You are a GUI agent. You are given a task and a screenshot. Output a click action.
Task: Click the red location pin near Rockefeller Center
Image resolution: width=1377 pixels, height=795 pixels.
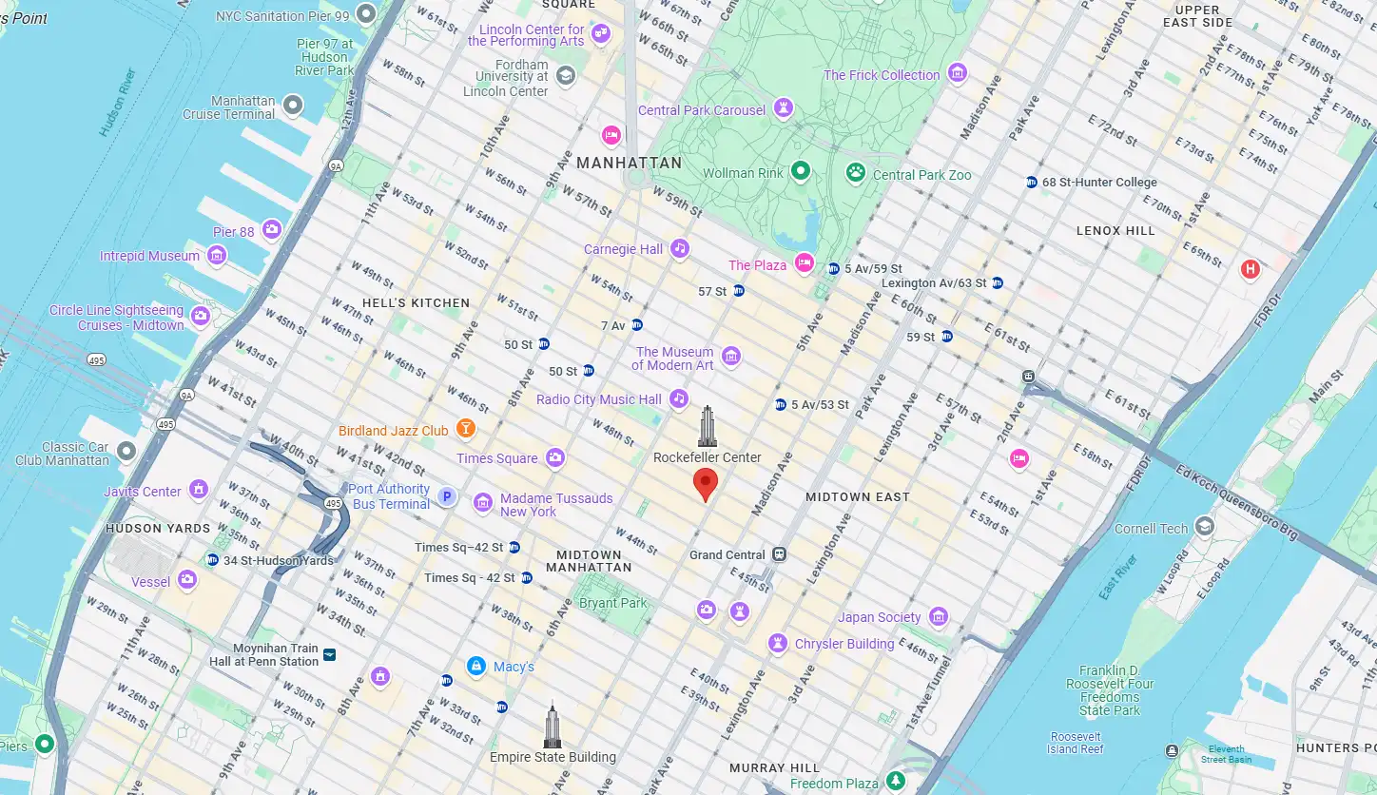(x=705, y=483)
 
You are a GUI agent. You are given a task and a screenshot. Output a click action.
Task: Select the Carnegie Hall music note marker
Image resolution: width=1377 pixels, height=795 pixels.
(x=679, y=249)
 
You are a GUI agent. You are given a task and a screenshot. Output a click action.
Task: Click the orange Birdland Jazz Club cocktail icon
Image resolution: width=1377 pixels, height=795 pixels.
(x=465, y=430)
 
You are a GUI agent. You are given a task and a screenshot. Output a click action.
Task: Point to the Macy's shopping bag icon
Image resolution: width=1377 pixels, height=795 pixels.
(x=476, y=667)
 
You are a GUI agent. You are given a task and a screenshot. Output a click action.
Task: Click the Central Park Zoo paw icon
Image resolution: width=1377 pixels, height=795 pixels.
(x=856, y=174)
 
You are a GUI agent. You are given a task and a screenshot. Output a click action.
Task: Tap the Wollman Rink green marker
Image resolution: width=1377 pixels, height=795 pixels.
(x=801, y=172)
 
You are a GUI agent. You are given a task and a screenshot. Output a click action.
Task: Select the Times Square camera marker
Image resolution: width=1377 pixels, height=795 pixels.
(x=555, y=458)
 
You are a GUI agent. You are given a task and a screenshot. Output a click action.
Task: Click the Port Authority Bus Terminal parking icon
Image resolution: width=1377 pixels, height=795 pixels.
(x=447, y=496)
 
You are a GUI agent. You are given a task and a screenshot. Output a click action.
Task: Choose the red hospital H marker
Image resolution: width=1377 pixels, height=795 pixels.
(x=1251, y=270)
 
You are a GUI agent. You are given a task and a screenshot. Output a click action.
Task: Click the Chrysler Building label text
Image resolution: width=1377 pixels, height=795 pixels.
(x=844, y=644)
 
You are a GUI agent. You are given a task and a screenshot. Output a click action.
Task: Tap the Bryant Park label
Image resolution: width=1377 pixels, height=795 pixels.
(x=612, y=603)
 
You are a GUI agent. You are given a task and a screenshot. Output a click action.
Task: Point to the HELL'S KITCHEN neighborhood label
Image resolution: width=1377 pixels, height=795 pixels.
(x=415, y=302)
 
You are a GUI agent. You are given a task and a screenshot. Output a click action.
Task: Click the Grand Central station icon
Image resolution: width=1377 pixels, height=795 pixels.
(x=780, y=554)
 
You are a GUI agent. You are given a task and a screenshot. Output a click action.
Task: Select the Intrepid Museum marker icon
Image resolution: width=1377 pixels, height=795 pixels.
(x=217, y=255)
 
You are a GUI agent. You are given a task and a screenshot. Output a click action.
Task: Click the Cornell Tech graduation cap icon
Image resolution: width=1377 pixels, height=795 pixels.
(x=1205, y=528)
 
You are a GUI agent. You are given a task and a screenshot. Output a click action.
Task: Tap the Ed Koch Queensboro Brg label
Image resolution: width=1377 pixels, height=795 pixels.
(x=1236, y=503)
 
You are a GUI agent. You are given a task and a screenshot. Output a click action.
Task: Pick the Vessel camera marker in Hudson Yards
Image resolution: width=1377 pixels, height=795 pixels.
(x=187, y=579)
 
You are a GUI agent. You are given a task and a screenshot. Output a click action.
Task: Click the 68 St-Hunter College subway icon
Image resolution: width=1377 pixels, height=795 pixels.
(x=1031, y=183)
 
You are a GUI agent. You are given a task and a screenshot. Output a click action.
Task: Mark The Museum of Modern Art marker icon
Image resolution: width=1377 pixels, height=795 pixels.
(x=730, y=358)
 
